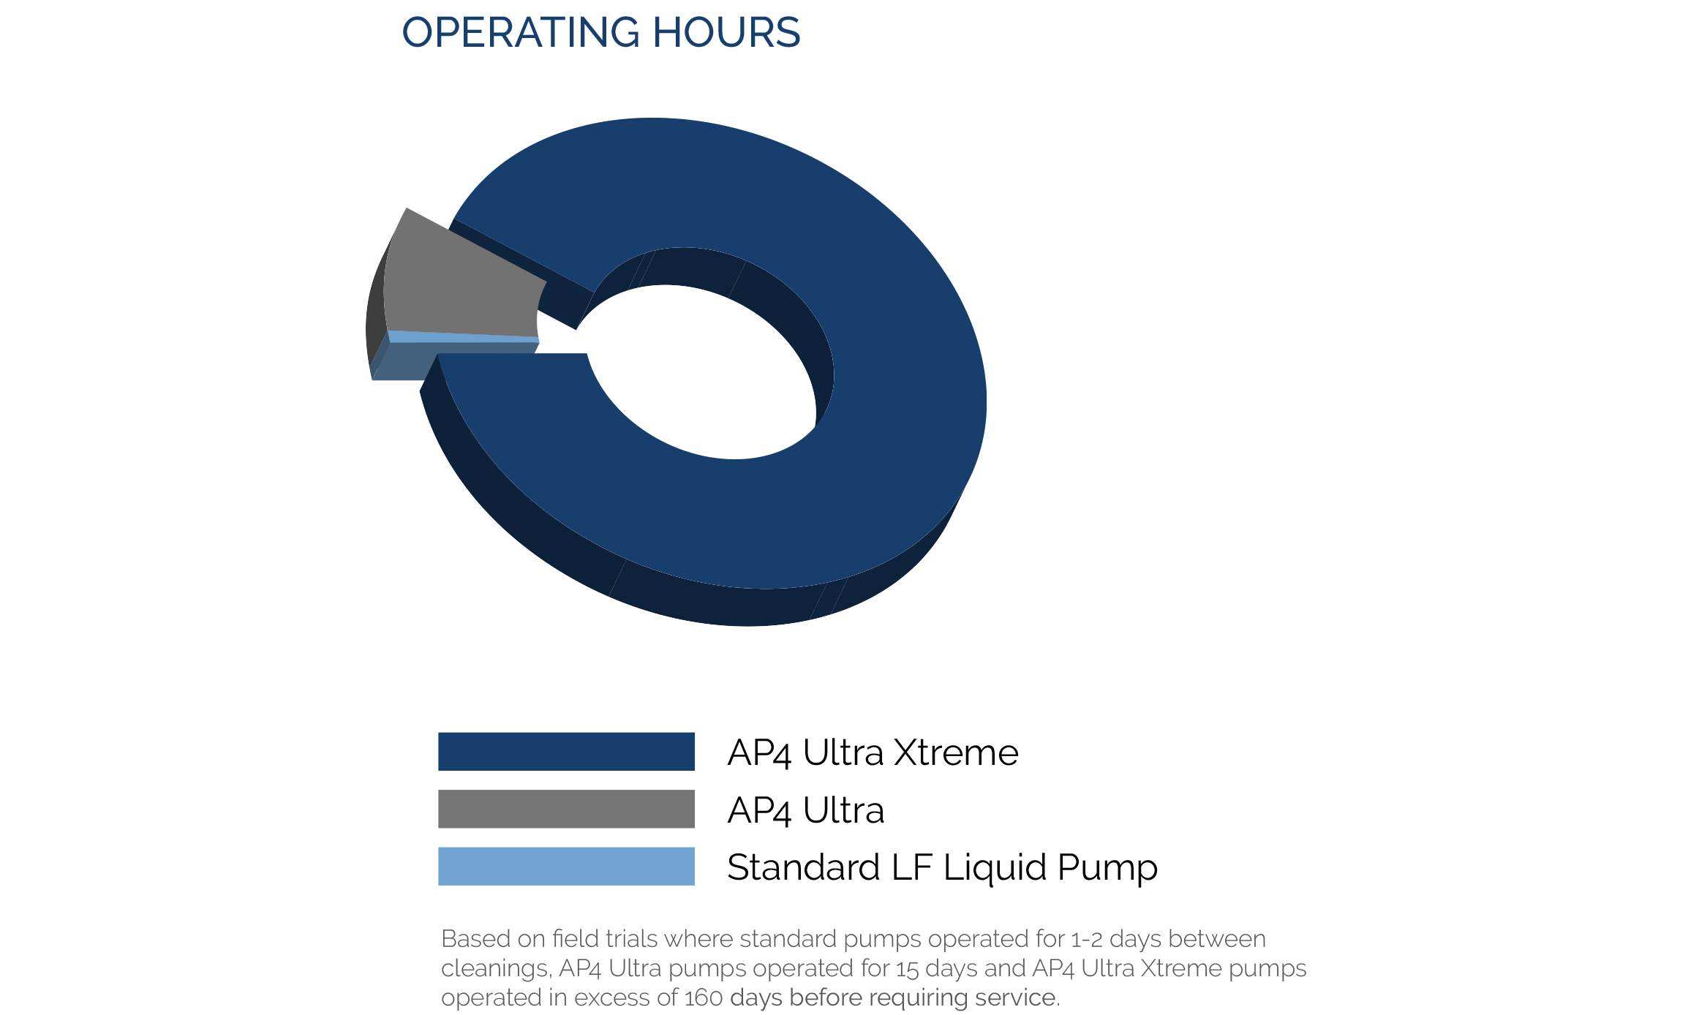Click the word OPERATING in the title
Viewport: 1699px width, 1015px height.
521,32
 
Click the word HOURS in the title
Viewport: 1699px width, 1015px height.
726,32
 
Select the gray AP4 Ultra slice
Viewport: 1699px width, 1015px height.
461,282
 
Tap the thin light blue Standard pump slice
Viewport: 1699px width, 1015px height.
463,337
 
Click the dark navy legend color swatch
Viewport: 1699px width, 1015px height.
566,751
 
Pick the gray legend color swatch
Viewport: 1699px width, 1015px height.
566,809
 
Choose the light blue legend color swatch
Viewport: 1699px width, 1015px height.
566,867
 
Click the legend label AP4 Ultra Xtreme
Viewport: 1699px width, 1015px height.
873,752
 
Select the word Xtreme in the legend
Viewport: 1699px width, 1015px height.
956,752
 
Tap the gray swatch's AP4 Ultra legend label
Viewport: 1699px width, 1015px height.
806,810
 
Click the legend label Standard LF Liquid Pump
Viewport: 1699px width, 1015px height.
942,868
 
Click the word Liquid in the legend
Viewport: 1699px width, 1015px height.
995,868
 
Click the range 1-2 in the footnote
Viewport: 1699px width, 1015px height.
1087,939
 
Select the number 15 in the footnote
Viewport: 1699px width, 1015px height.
908,968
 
